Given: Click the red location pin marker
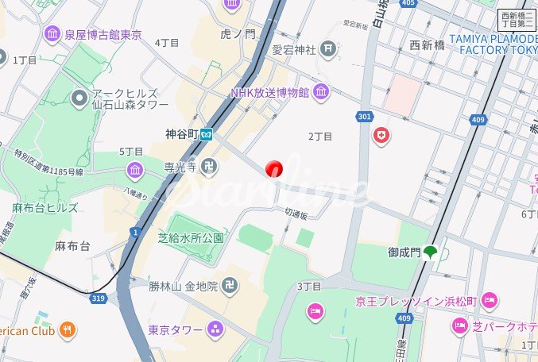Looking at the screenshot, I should coord(274,168).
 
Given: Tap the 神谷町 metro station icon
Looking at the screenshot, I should coord(207,134).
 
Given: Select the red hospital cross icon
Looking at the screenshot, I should coord(382,136).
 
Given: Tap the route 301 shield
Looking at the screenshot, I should coord(365,117).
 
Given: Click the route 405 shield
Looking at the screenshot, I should coord(408,4).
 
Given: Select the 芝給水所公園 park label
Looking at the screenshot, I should coord(191,237).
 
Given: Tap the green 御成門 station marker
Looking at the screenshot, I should coord(431,253).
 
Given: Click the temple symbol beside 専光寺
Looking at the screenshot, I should coord(208,167).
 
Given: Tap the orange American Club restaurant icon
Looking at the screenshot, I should coord(68,329).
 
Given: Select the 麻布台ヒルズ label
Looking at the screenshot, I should coord(45,208).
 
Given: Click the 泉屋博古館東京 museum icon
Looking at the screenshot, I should coord(53,33).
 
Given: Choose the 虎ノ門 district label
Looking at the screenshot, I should coord(238,34).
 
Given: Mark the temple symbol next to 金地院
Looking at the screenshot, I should coord(230,287).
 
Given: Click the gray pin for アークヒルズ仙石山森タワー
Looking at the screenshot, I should coord(79,98).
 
